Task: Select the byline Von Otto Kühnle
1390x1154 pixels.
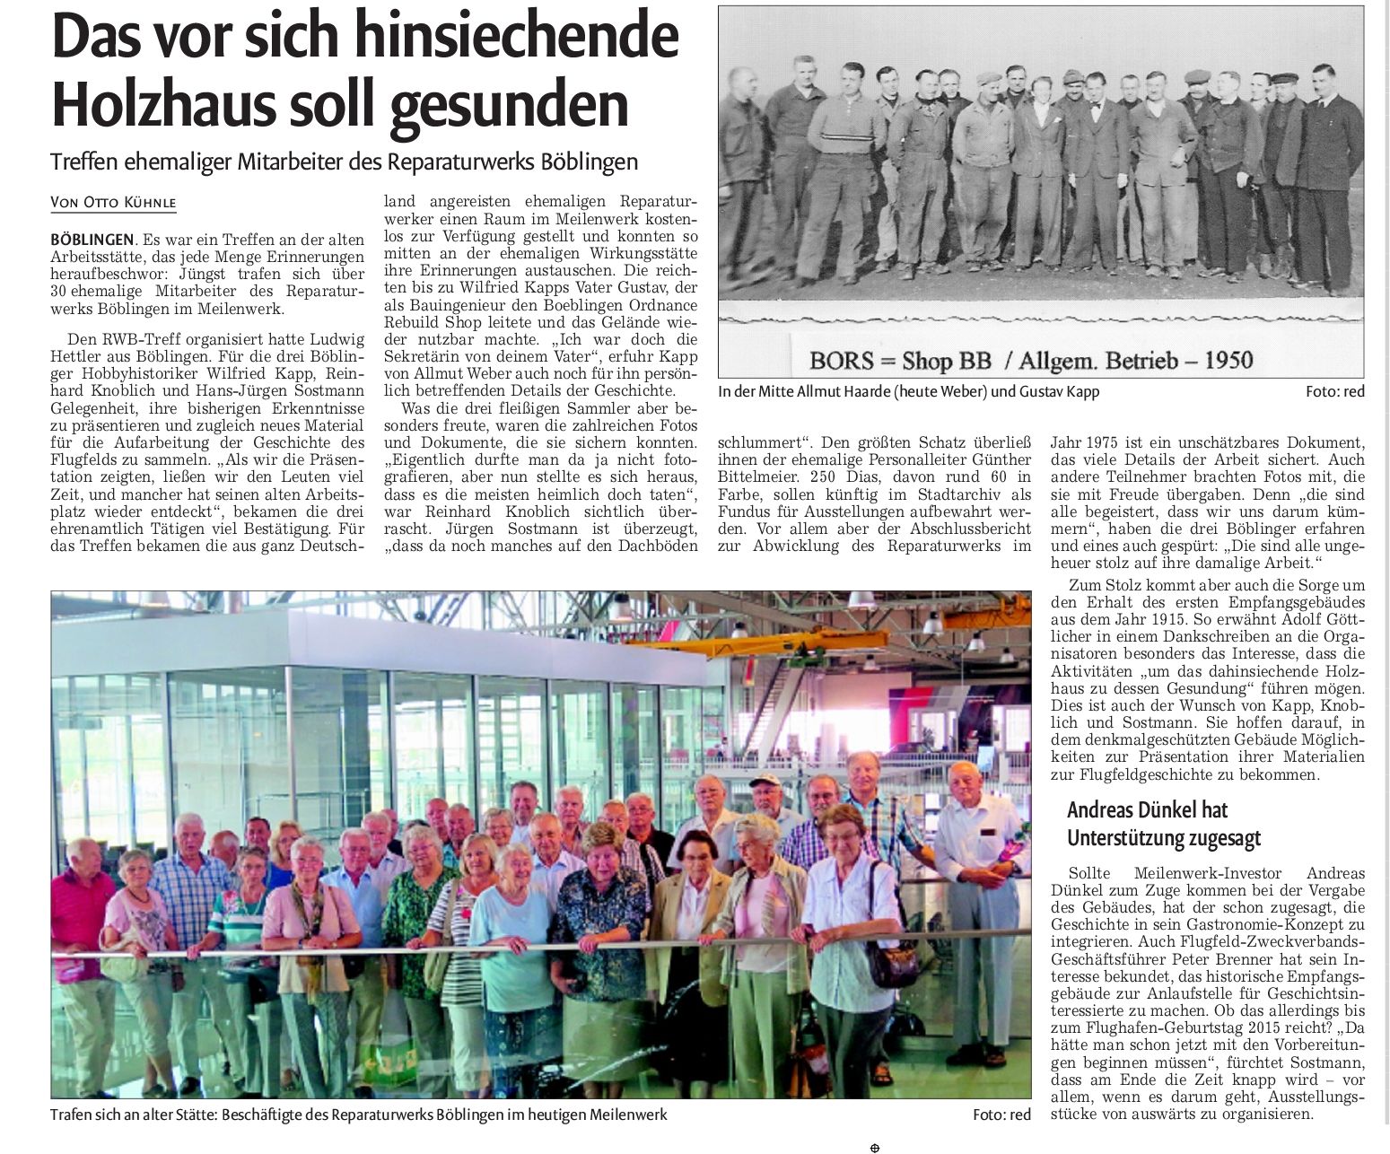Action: coord(113,204)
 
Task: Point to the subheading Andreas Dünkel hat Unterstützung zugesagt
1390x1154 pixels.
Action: coord(1163,824)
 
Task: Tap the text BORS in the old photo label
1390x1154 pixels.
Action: coord(844,361)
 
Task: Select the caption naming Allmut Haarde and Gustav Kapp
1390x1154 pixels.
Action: coord(908,392)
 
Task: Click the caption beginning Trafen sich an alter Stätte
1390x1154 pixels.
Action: coord(359,1115)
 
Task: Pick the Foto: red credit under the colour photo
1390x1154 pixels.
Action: coord(1001,1115)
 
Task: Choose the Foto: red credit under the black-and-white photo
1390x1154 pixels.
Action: coord(1334,392)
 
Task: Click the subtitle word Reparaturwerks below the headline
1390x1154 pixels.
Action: coord(485,162)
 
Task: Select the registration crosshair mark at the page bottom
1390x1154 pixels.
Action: coord(875,1147)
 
